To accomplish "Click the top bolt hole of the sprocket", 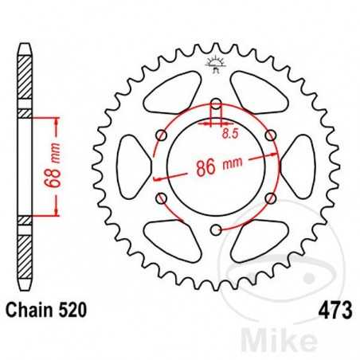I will point(215,103).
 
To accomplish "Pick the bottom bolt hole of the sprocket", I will point(215,230).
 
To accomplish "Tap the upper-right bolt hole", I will point(270,135).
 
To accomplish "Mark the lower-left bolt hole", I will point(160,198).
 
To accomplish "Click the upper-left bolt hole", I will point(160,135).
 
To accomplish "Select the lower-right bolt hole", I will point(270,198).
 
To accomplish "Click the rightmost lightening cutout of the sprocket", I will point(300,166).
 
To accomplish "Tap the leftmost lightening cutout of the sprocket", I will point(130,166).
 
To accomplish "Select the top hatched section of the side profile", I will point(25,80).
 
